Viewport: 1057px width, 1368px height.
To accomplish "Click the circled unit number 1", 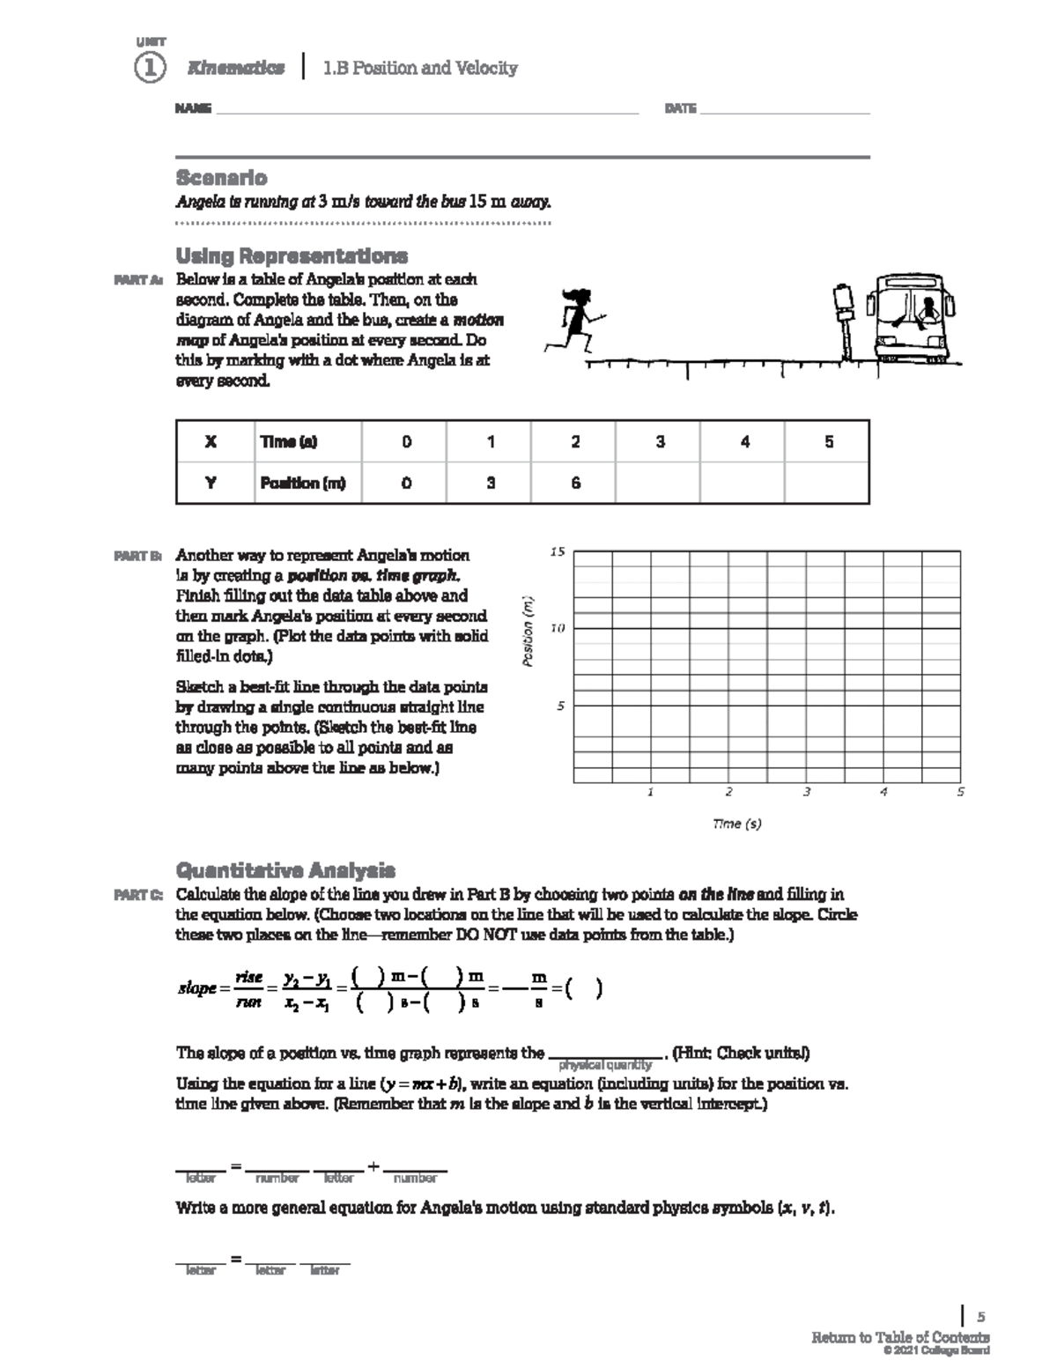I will pos(150,68).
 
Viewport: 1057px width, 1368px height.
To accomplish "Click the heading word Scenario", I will pos(221,177).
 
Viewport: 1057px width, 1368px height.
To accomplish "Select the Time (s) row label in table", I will pos(288,442).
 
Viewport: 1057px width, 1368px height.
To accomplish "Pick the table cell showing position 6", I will pos(574,483).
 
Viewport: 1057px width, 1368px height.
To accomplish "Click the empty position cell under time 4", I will pos(743,483).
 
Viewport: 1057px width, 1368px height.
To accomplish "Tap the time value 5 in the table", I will pos(828,442).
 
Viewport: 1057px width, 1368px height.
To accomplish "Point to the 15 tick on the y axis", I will pos(557,552).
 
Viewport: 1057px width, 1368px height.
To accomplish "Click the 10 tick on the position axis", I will pos(557,629).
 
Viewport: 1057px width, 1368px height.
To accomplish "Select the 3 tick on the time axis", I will pos(806,792).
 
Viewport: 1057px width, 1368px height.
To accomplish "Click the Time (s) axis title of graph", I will pos(736,824).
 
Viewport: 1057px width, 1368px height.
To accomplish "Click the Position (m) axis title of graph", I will pos(528,632).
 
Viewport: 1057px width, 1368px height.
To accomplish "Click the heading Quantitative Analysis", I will pos(285,870).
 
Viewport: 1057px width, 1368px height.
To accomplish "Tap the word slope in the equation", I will pos(196,988).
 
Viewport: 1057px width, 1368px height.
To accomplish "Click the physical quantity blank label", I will pos(605,1065).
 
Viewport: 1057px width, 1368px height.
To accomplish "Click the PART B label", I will pos(137,557).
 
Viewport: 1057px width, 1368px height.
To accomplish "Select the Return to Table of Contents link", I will pos(899,1337).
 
